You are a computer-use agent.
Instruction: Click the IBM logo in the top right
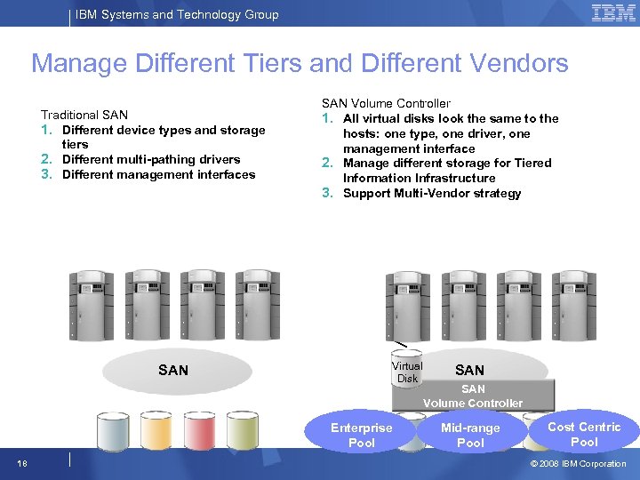coord(613,13)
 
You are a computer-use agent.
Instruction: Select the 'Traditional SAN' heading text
coord(84,115)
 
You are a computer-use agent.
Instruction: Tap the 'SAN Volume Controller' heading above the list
coord(385,103)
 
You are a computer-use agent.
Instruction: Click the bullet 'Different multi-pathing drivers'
coord(151,159)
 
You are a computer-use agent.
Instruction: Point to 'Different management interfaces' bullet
coord(158,174)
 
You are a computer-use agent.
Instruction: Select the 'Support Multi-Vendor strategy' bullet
coord(432,193)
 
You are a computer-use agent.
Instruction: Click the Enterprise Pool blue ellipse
coord(361,435)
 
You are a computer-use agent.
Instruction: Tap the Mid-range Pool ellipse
coord(470,435)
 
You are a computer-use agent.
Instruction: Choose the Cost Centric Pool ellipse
coord(584,434)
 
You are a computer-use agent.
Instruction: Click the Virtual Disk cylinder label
coord(407,372)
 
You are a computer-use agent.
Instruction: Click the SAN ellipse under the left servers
coord(173,370)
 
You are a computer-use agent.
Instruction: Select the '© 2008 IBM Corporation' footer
coord(578,463)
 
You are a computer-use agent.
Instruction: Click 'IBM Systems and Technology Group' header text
coord(177,14)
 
